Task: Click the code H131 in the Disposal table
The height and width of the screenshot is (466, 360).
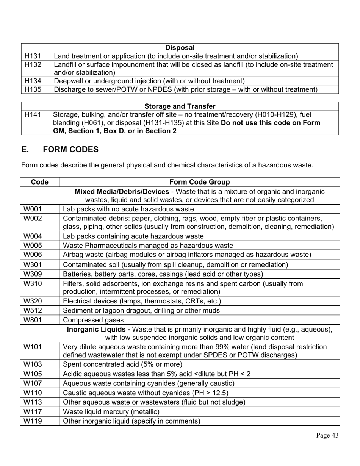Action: tap(33, 56)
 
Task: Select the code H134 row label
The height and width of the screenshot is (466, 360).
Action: tap(33, 81)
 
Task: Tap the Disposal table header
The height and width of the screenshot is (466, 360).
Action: tap(180, 48)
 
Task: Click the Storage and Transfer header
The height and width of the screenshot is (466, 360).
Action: tap(180, 106)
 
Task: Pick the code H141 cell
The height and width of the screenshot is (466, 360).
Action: tap(33, 114)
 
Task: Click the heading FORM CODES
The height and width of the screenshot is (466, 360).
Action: tap(70, 149)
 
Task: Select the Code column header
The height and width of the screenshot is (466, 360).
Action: tap(40, 182)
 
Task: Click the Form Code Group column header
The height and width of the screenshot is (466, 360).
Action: tap(199, 182)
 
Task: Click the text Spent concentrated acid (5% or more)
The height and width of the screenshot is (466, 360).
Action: tap(122, 364)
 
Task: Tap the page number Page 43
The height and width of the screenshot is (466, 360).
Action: tap(327, 435)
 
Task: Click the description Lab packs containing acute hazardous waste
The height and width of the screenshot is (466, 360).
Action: tap(133, 236)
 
